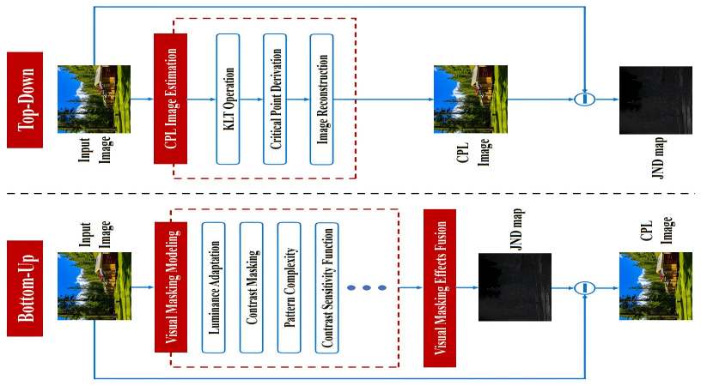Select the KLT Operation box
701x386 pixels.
point(228,99)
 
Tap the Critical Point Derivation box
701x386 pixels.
point(275,99)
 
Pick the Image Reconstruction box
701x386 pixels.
point(322,99)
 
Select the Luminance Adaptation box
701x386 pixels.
point(213,286)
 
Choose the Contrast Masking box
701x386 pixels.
point(251,286)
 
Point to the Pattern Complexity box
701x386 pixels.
point(289,286)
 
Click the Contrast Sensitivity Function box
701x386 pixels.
point(326,286)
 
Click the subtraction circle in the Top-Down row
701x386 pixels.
point(584,99)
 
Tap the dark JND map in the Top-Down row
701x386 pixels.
point(654,100)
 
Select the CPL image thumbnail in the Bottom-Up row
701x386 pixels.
point(654,286)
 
